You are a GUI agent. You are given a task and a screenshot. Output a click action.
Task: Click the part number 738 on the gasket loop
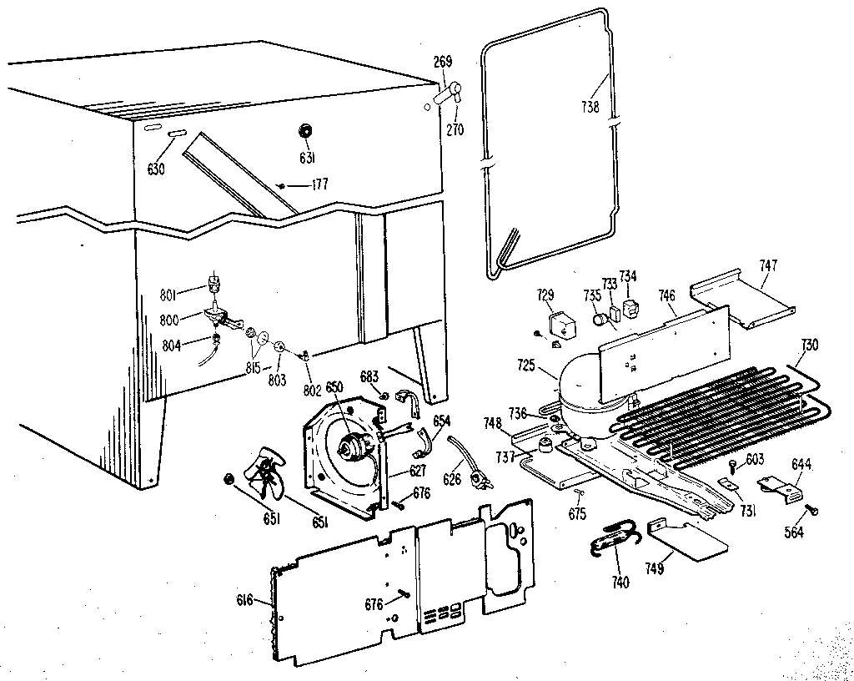(590, 107)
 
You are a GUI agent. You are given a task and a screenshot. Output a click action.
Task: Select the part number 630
(156, 169)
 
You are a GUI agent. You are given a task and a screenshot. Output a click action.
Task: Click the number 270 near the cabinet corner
(455, 129)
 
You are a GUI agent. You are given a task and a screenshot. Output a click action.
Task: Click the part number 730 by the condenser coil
(809, 345)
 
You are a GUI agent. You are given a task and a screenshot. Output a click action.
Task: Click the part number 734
(627, 276)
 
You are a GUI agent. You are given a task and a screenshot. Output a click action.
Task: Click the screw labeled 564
(812, 511)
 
